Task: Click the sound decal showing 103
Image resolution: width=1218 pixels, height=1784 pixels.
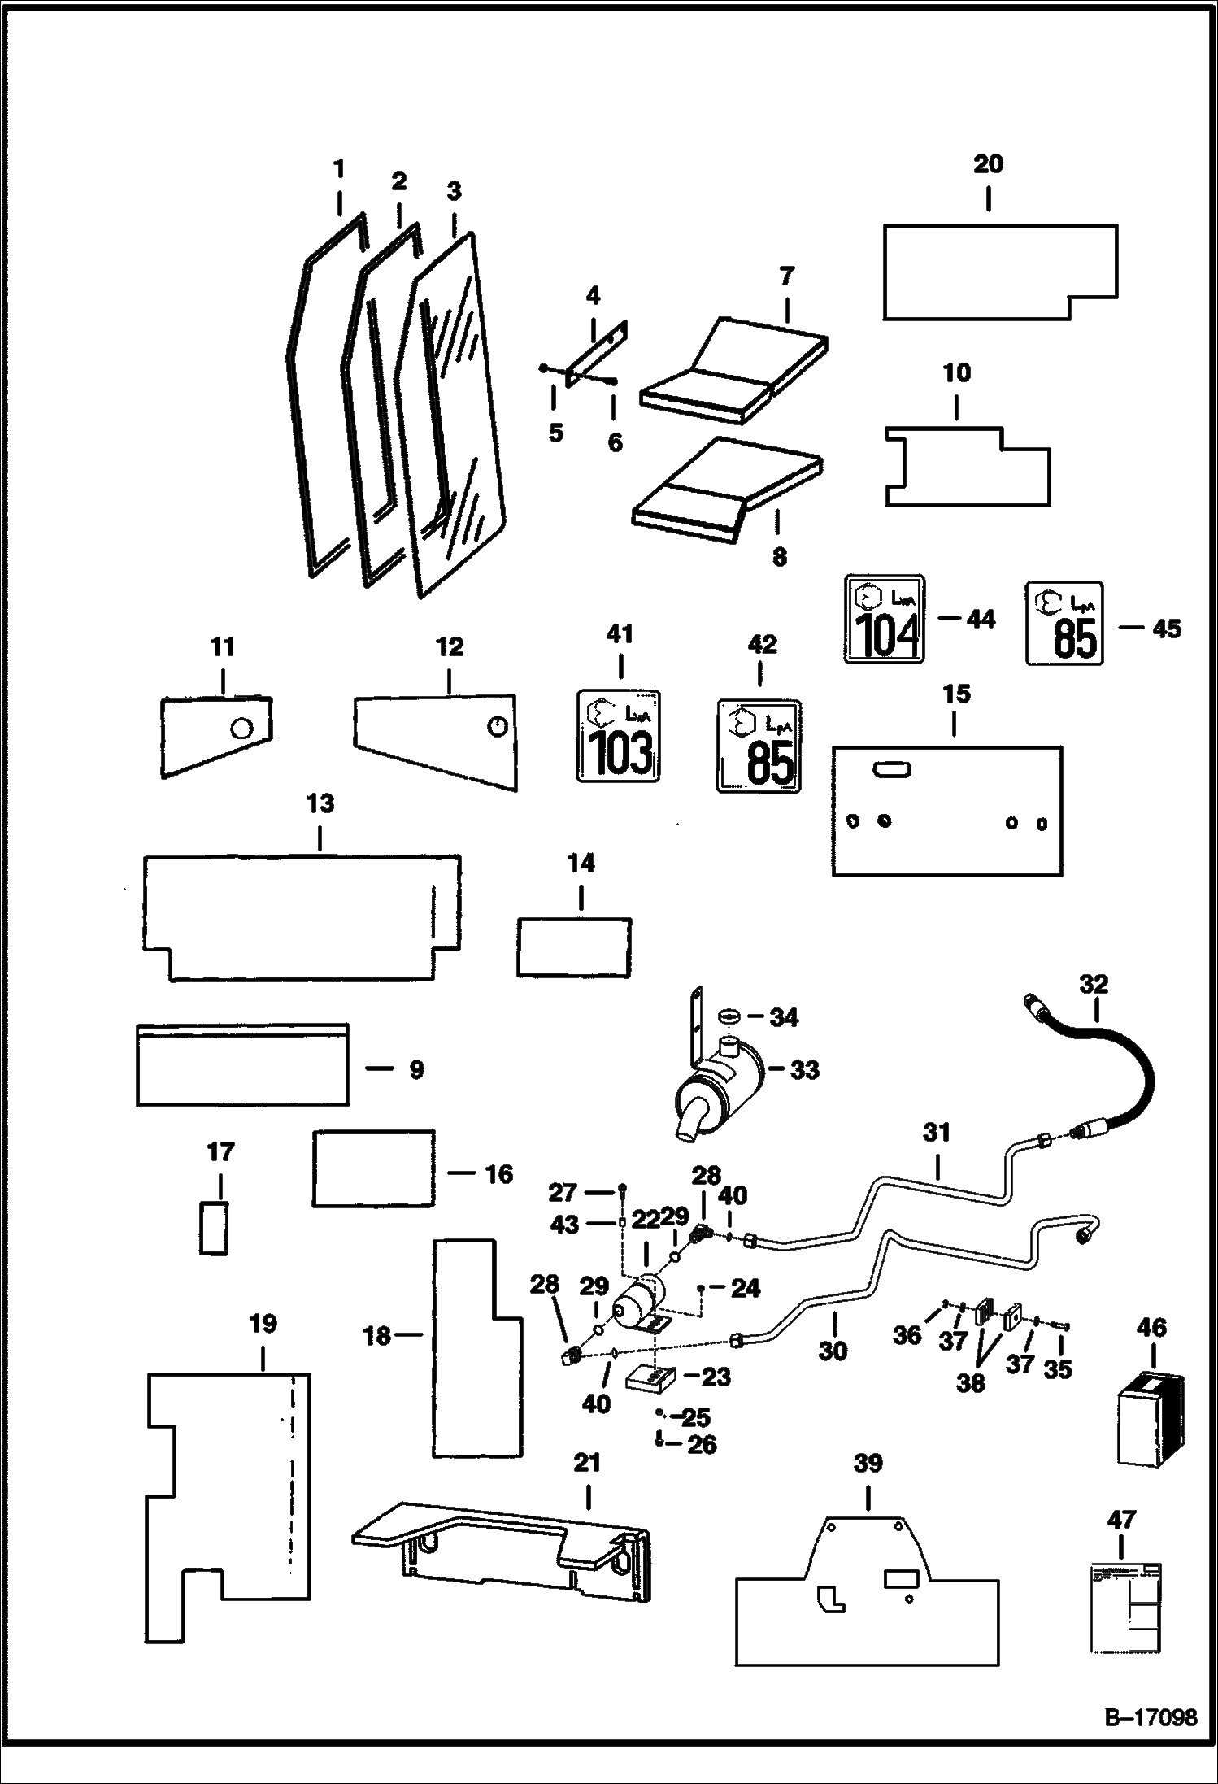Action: pyautogui.click(x=618, y=736)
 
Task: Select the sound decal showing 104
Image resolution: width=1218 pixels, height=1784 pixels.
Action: pyautogui.click(x=884, y=619)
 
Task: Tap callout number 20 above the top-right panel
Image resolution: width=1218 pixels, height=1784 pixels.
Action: pyautogui.click(x=988, y=164)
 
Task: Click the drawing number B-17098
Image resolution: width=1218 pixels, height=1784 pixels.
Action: pyautogui.click(x=1151, y=1717)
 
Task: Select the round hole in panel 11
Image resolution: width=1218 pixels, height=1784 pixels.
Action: pyautogui.click(x=240, y=729)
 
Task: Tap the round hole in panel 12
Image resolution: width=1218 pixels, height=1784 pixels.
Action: pyautogui.click(x=498, y=726)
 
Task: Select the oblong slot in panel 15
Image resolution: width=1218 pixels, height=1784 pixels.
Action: pyautogui.click(x=892, y=768)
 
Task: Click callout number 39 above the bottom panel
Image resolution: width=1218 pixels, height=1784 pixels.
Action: pyautogui.click(x=868, y=1464)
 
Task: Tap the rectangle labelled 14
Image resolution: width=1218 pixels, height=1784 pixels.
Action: pyautogui.click(x=574, y=946)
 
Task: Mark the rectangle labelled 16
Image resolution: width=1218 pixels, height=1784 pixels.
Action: pyautogui.click(x=374, y=1168)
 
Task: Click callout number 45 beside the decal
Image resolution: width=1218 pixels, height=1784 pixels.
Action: pyautogui.click(x=1167, y=629)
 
